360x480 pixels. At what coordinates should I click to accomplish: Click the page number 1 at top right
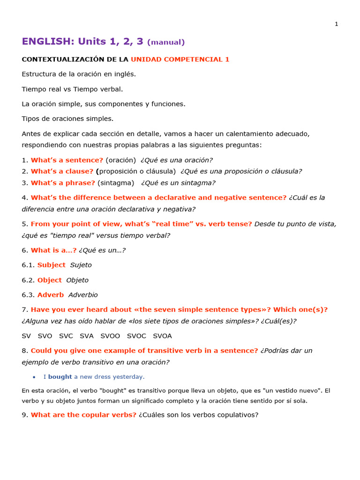pyautogui.click(x=336, y=24)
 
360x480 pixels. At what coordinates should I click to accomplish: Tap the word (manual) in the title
pyautogui.click(x=166, y=42)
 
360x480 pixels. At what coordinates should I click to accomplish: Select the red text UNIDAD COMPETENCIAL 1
pyautogui.click(x=180, y=60)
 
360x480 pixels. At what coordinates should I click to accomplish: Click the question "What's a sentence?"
pyautogui.click(x=67, y=160)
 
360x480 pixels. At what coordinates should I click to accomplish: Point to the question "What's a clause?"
pyautogui.click(x=62, y=171)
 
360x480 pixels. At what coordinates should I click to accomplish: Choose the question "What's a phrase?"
pyautogui.click(x=63, y=183)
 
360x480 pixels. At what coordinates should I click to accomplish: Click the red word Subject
pyautogui.click(x=52, y=265)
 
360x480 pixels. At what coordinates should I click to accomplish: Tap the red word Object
pyautogui.click(x=50, y=280)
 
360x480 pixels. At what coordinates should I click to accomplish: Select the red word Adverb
pyautogui.click(x=51, y=295)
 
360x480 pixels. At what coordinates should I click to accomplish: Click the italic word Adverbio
pyautogui.click(x=83, y=295)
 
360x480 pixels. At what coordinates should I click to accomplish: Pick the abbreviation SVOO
pyautogui.click(x=110, y=336)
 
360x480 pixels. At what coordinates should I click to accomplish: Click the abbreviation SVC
pyautogui.click(x=66, y=336)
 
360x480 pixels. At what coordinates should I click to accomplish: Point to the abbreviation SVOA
pyautogui.click(x=163, y=336)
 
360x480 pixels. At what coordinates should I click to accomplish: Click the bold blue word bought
pyautogui.click(x=60, y=377)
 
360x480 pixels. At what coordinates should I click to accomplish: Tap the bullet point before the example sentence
pyautogui.click(x=34, y=377)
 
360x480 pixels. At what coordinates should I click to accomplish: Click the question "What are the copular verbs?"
pyautogui.click(x=83, y=415)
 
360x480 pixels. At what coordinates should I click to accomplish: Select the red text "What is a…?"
pyautogui.click(x=53, y=250)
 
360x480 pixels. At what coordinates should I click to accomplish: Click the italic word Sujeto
pyautogui.click(x=81, y=265)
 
